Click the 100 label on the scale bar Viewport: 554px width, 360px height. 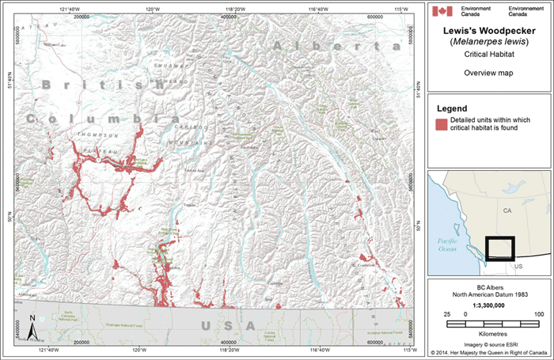538,315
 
